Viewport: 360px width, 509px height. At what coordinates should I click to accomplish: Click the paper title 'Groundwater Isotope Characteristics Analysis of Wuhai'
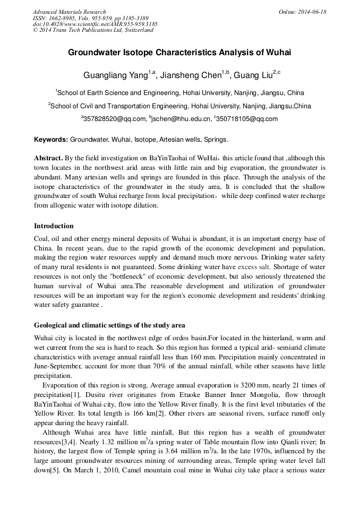[179, 53]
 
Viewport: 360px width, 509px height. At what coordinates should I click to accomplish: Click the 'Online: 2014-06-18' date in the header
[302, 12]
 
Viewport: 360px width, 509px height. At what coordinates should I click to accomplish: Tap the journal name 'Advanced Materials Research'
[69, 12]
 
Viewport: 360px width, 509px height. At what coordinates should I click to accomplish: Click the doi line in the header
[95, 24]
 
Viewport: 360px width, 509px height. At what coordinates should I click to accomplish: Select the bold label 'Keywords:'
[51, 140]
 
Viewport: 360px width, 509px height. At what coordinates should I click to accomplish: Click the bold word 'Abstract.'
[48, 158]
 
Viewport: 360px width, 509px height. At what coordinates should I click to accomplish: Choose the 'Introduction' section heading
[54, 226]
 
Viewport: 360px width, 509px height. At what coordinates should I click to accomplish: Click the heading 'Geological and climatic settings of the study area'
[109, 325]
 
